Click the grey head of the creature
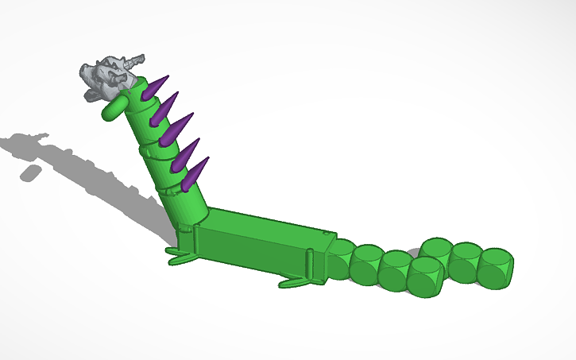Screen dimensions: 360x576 [x=106, y=77]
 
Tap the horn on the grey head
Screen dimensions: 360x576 [x=136, y=59]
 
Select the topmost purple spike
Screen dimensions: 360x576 [x=159, y=85]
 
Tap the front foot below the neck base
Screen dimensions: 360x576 [x=181, y=256]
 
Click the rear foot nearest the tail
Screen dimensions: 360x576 [x=295, y=281]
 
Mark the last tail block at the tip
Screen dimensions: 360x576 [x=496, y=267]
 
